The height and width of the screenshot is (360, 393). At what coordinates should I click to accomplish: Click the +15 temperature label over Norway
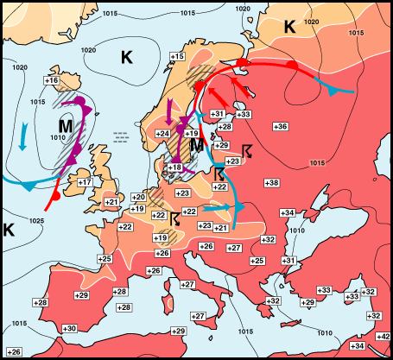coord(177,56)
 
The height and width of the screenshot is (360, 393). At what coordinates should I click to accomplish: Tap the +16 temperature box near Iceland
coord(51,80)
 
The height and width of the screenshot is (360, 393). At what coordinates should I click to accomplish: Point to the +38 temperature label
coord(271,183)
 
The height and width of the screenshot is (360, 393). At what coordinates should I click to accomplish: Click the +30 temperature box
coord(70,328)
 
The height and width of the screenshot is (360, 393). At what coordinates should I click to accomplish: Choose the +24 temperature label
coord(162,133)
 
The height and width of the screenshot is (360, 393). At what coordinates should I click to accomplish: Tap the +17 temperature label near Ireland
coord(85,182)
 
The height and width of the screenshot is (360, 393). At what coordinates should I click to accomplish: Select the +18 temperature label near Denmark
coord(174,167)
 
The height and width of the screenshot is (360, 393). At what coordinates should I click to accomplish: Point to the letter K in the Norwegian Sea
coord(127,57)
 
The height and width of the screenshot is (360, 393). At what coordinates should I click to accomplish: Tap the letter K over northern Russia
coord(290,27)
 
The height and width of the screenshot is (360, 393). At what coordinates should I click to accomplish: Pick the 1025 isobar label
coord(35,222)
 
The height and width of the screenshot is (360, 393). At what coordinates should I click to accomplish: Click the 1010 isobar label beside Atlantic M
coord(58,137)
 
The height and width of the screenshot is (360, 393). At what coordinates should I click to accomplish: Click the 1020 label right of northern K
coord(312,21)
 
